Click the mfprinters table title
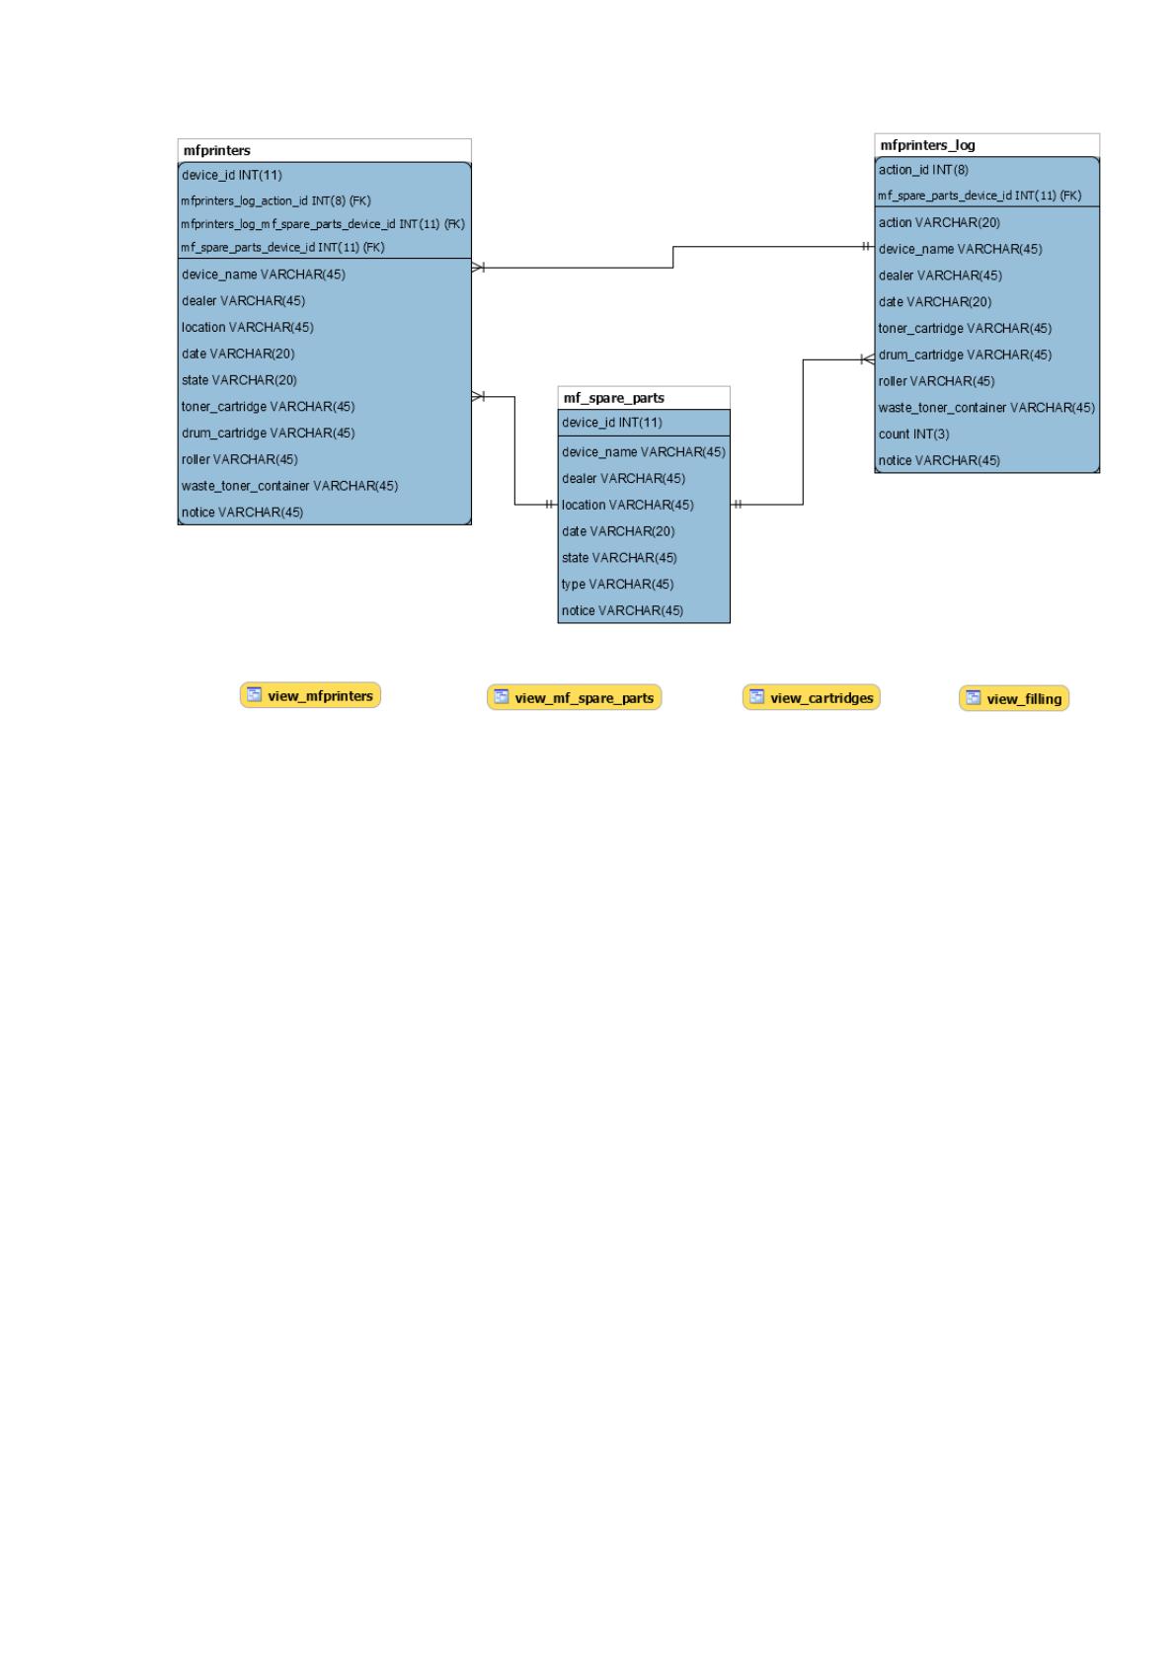click(217, 151)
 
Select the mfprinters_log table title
click(928, 145)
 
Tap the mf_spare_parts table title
click(613, 398)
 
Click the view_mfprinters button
click(310, 695)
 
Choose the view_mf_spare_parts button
click(574, 697)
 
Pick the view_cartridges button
click(812, 697)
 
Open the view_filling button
click(1014, 698)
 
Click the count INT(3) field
click(913, 435)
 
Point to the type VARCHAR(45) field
click(617, 585)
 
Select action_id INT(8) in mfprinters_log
click(923, 170)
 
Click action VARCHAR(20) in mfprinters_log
click(939, 223)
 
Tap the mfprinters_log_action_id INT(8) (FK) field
click(275, 201)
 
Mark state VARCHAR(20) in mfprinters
click(239, 380)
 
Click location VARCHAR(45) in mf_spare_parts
click(628, 506)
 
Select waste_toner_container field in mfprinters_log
click(986, 408)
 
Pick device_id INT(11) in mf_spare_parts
click(612, 423)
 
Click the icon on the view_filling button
click(974, 697)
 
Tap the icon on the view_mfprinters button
click(254, 694)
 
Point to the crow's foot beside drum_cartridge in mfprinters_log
click(867, 360)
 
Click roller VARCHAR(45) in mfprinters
click(240, 460)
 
